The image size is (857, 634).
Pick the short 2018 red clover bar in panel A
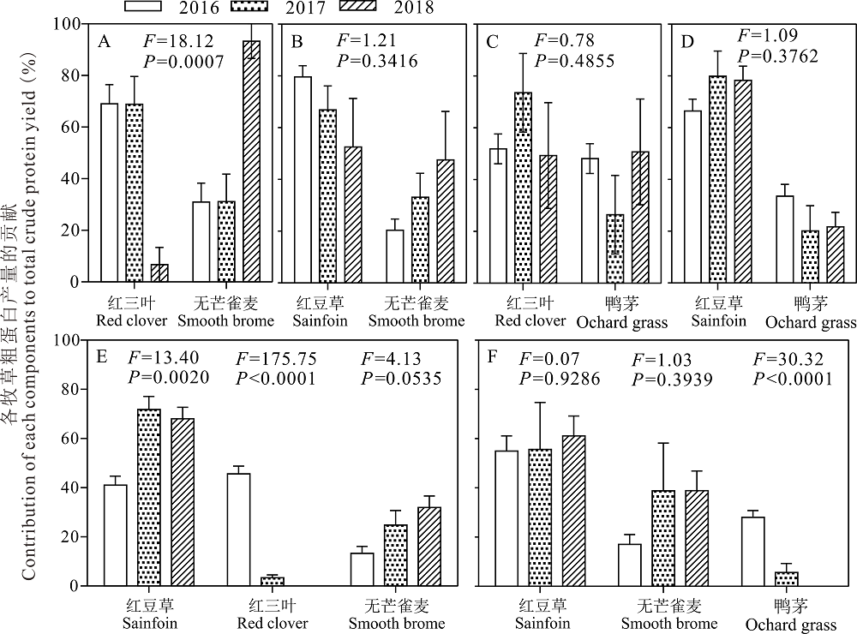click(160, 272)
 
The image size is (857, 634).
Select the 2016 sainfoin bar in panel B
click(303, 179)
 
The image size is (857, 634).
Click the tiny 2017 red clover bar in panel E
click(272, 581)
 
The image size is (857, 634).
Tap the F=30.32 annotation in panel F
click(788, 358)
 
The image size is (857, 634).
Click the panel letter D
click(684, 40)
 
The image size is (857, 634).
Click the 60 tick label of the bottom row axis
click(75, 438)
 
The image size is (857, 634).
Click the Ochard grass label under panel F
click(790, 625)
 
